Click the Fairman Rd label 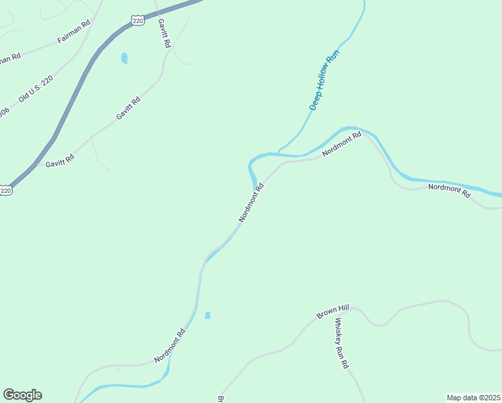coord(74,32)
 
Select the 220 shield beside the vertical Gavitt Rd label coord(138,21)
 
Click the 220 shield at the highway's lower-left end coord(5,191)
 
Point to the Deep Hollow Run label coord(325,79)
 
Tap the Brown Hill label coord(334,311)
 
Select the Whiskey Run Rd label coord(342,343)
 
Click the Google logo coord(22,395)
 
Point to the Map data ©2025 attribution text coord(473,398)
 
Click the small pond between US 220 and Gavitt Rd coord(124,58)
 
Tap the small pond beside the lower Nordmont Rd coord(207,315)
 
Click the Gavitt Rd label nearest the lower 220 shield coord(60,161)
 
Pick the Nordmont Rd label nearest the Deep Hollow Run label coord(342,144)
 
